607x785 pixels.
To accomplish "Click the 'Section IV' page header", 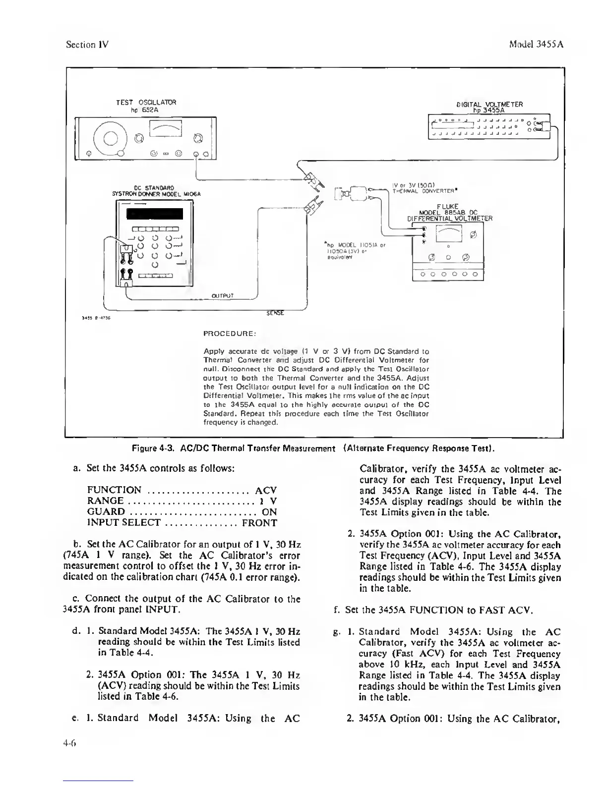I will [x=87, y=44].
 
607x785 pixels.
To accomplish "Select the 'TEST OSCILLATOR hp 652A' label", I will [x=146, y=106].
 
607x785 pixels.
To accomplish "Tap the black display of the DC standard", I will [x=155, y=214].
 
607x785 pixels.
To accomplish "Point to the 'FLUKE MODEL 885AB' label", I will [x=449, y=209].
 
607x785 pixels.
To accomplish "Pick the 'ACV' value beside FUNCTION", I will [x=266, y=490].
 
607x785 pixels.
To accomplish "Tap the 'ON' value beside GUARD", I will [x=269, y=511].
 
